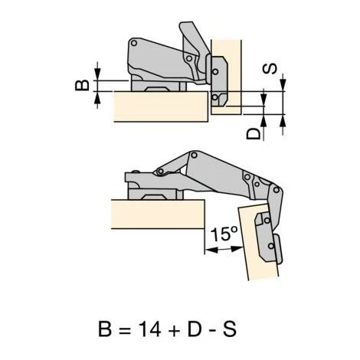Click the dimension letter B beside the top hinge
pyautogui.click(x=82, y=85)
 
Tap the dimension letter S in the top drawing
pyautogui.click(x=270, y=69)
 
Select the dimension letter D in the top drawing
pyautogui.click(x=254, y=133)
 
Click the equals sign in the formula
pyautogui.click(x=125, y=330)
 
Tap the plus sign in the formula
pyautogui.click(x=174, y=330)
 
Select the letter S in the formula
pyautogui.click(x=230, y=329)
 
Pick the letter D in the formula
pyautogui.click(x=195, y=329)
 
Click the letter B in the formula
pyautogui.click(x=105, y=329)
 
